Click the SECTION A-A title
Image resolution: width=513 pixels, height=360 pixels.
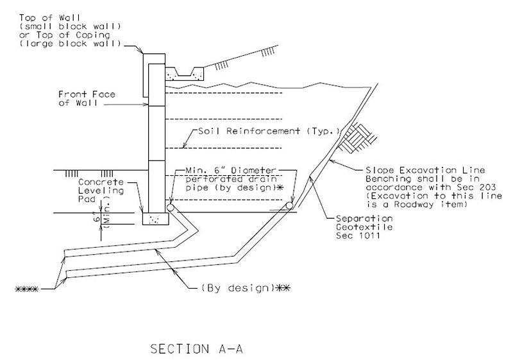[196, 349]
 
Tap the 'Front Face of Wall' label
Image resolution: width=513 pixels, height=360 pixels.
[87, 99]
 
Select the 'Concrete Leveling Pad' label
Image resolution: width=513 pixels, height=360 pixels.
[101, 191]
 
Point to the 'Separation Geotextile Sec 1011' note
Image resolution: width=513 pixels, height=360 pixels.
[364, 227]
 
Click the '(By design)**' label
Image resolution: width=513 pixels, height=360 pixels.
[246, 288]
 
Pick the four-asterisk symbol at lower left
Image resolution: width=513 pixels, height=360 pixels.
[27, 289]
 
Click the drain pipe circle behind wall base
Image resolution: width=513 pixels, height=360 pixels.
[171, 207]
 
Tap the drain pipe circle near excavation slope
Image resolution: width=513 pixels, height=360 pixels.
[290, 205]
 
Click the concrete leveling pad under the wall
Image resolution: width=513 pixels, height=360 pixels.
[156, 219]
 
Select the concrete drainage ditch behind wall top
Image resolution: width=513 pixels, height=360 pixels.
[185, 74]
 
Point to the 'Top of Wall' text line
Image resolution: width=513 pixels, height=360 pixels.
[49, 18]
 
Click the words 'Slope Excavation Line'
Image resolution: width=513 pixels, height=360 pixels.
[425, 170]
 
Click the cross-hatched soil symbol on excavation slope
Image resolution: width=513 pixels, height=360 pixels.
[357, 137]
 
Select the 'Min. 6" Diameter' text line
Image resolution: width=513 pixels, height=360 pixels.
[231, 171]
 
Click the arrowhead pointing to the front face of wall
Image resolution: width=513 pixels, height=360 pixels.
[146, 105]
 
